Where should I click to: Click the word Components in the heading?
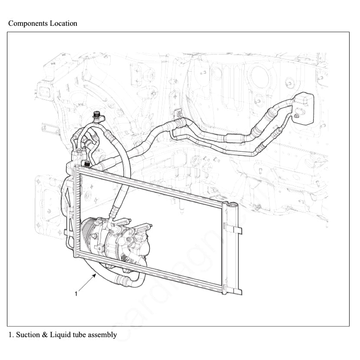[x=27, y=23]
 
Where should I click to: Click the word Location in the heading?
[x=63, y=23]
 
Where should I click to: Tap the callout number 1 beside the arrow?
[x=76, y=294]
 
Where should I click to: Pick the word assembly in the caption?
[x=102, y=335]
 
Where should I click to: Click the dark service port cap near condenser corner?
[x=86, y=164]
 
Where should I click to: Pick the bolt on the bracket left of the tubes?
[x=178, y=114]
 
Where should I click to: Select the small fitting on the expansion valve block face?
[x=296, y=115]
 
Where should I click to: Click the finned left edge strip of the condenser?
[x=78, y=213]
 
